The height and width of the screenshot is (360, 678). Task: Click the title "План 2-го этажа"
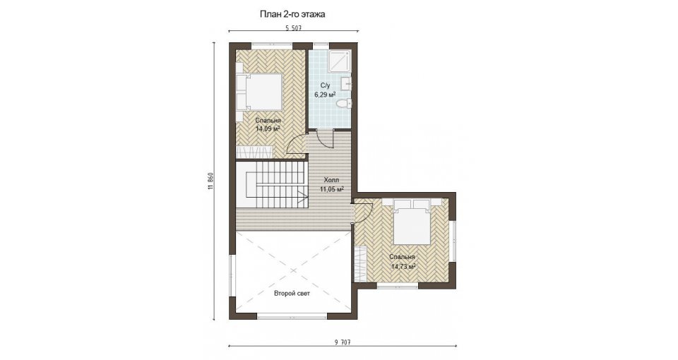point(292,14)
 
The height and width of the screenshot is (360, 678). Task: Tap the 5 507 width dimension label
point(293,28)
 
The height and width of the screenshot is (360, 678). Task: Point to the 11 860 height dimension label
point(210,181)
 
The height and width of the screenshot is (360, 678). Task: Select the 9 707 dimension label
point(342,342)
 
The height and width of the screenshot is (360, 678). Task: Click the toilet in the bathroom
point(345,103)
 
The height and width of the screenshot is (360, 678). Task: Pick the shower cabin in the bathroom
point(340,61)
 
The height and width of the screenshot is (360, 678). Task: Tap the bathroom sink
point(347,84)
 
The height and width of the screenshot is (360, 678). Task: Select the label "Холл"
point(332,180)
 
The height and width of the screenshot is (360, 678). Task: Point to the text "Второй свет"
point(292,294)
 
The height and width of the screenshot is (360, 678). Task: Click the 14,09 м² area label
point(268,128)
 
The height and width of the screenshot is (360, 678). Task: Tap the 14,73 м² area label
point(403,266)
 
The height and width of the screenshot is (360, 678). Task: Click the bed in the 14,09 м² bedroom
point(258,91)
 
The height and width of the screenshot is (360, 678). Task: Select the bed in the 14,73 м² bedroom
point(412,220)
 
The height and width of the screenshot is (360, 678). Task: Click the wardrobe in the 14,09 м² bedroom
point(255,152)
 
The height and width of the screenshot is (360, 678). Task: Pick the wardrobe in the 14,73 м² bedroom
point(361,263)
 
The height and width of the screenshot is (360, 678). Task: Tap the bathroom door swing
point(326,139)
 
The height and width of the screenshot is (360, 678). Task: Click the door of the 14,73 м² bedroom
point(363,211)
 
